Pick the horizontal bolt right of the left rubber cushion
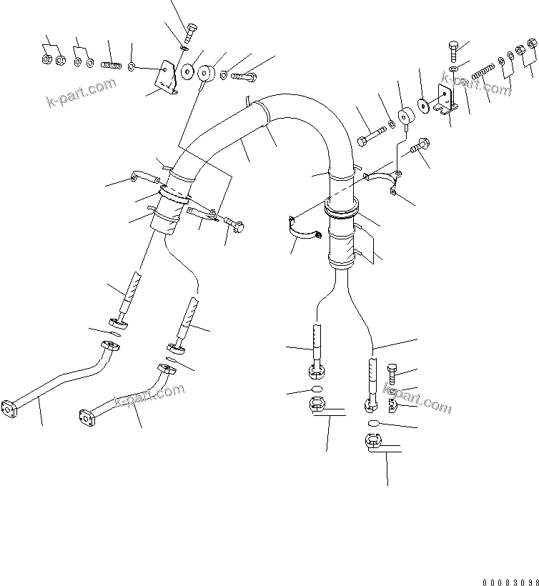coord(243,74)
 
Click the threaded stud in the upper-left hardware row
coord(110,65)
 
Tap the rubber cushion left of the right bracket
coord(407,116)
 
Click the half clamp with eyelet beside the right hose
coord(382,176)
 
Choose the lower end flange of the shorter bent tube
coord(84,416)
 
